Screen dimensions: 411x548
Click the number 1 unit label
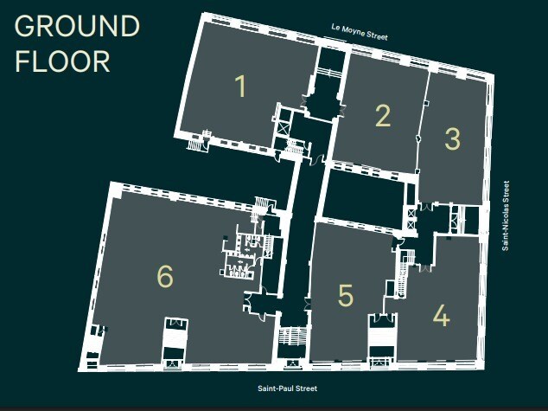coord(240,87)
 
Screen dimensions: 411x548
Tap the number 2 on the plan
coord(383,115)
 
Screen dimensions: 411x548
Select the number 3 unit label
coord(452,138)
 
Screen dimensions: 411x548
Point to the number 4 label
coord(441,316)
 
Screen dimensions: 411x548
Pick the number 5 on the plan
coord(346,295)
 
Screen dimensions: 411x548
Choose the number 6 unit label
coord(165,276)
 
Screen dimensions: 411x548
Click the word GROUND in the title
coord(77,27)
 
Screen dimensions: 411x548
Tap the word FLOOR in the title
coord(63,61)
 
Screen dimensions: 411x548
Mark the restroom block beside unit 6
coord(238,256)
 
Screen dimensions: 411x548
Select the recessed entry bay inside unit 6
coord(175,341)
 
